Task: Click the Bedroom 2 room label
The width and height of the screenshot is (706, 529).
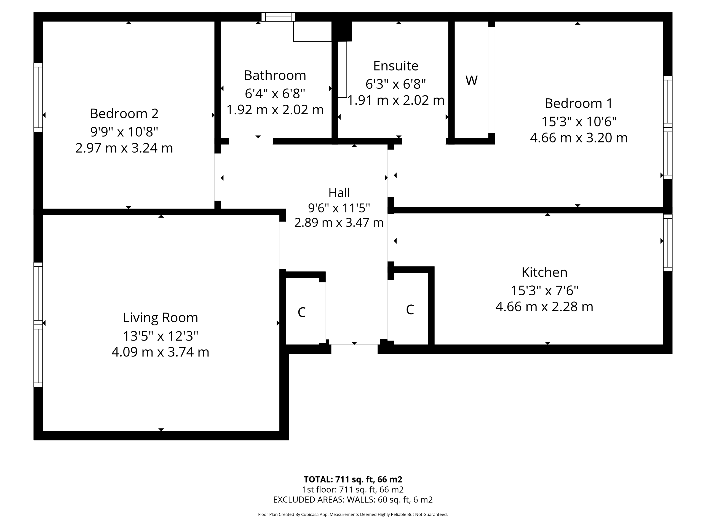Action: tap(124, 114)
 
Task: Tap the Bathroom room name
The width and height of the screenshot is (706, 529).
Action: tap(275, 75)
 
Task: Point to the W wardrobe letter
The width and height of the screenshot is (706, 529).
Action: tap(471, 80)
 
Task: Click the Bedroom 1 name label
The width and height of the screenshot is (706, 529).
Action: tap(579, 103)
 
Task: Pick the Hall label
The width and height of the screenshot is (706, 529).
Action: tap(339, 193)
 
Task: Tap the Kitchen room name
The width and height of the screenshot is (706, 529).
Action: tap(544, 272)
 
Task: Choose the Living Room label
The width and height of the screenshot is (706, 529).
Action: tap(161, 318)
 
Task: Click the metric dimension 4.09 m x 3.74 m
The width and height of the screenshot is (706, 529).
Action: tap(161, 352)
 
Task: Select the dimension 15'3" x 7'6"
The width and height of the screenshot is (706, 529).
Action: tap(544, 290)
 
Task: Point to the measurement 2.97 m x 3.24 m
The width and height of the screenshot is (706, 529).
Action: tap(124, 148)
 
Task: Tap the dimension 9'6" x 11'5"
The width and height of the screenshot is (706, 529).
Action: tap(339, 208)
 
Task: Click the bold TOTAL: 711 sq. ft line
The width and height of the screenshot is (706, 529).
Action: tap(353, 479)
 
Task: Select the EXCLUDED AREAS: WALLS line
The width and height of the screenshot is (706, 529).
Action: tap(353, 500)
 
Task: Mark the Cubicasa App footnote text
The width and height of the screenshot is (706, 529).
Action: tap(353, 514)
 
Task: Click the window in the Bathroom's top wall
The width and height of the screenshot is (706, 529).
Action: tap(278, 17)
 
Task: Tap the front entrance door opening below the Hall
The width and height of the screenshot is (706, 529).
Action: tap(354, 349)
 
